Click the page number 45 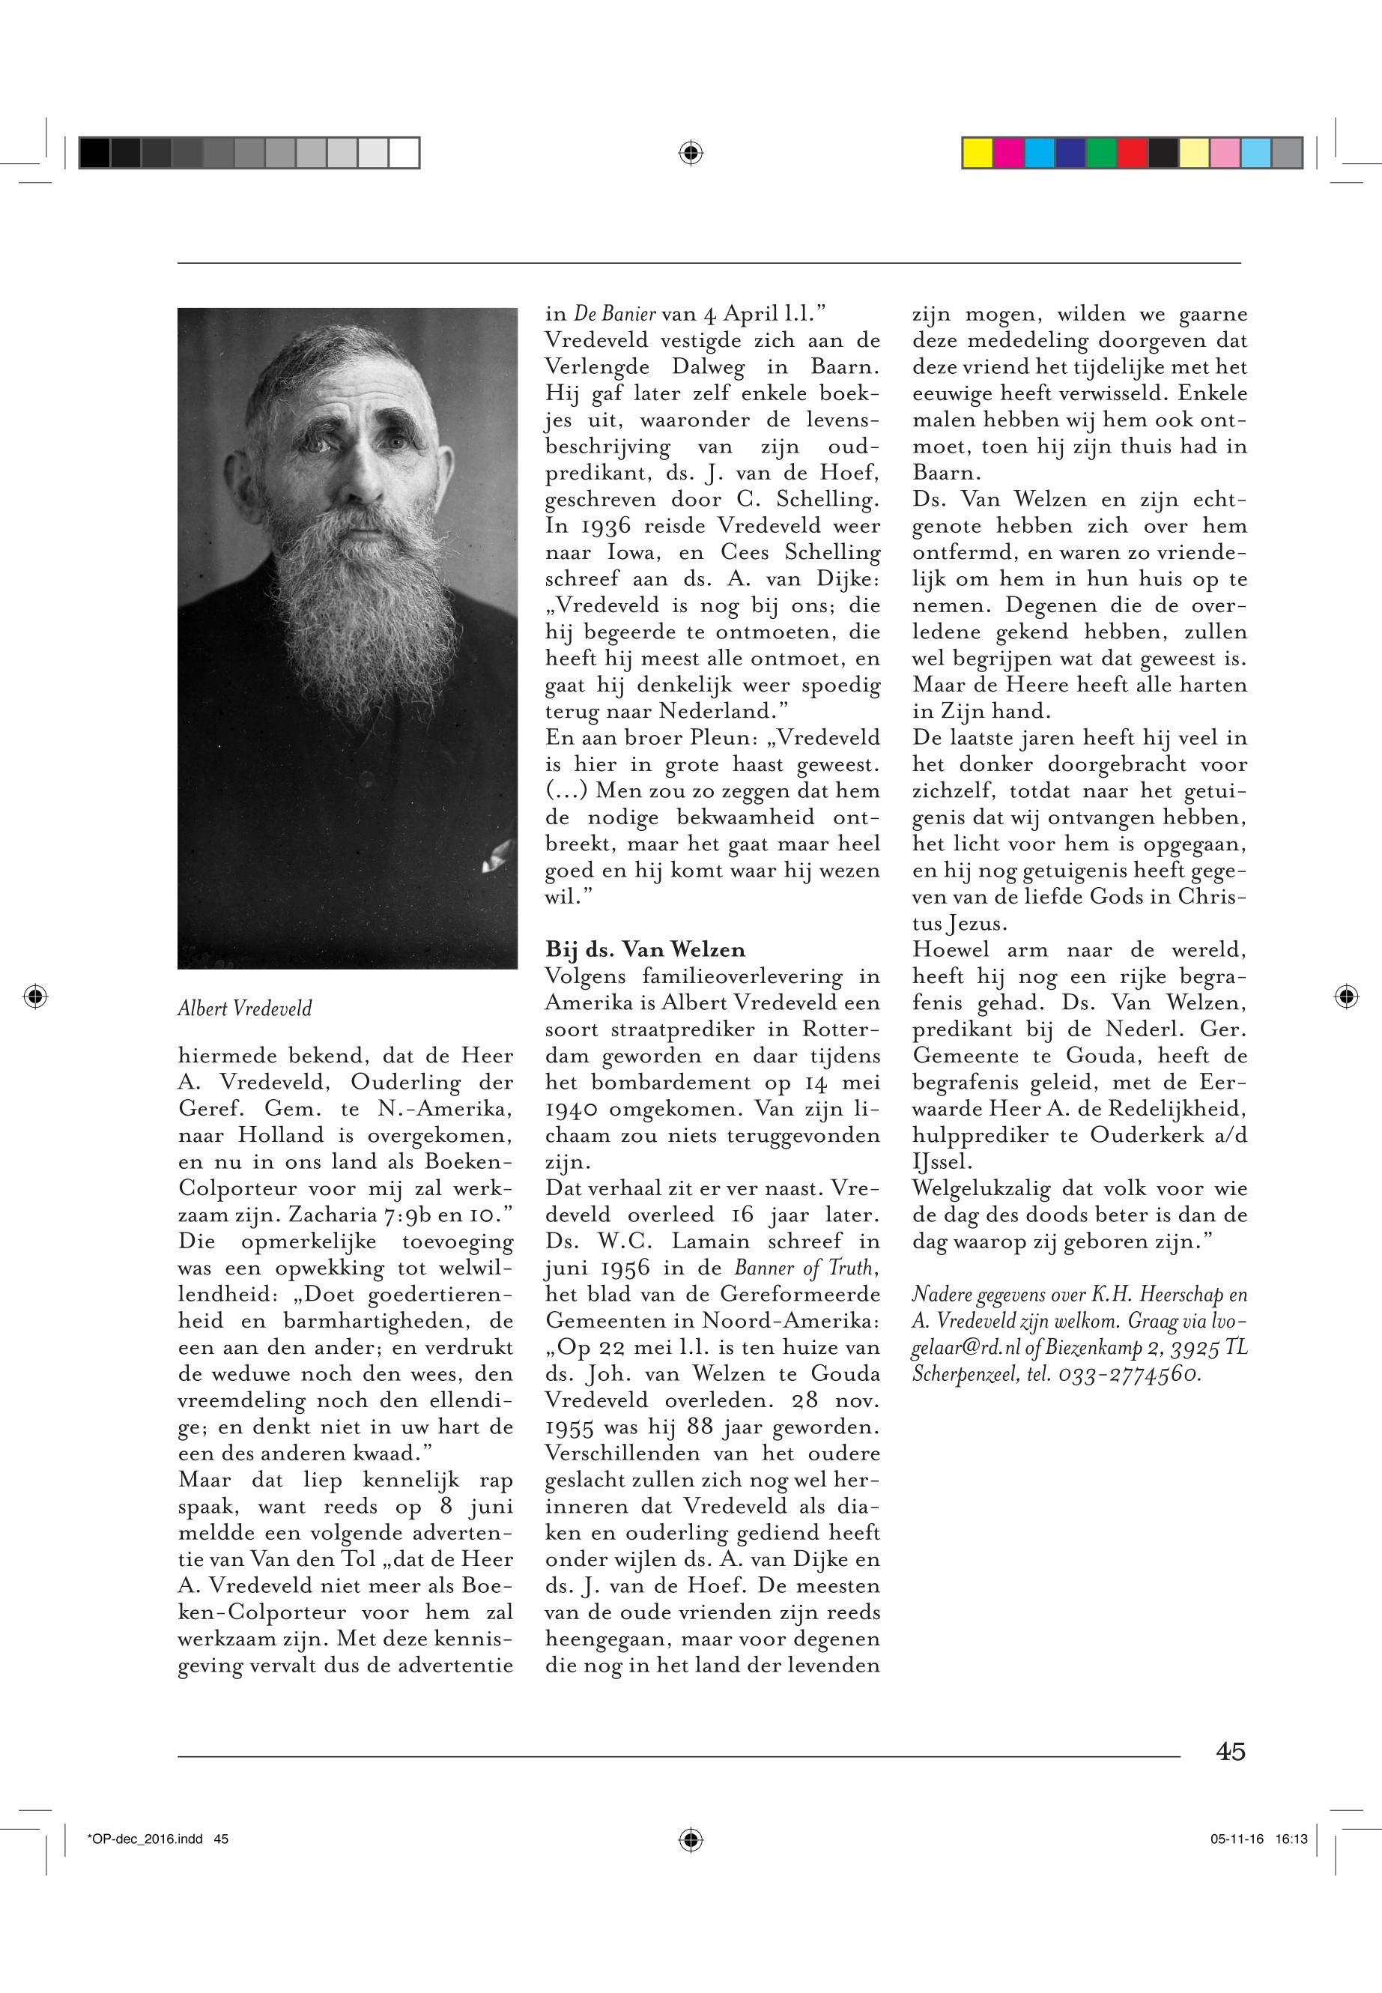[1230, 1751]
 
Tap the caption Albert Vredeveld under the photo [244, 1009]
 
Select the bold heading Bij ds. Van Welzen [645, 950]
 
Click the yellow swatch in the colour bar [978, 152]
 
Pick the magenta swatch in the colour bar [1009, 152]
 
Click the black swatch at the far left [95, 152]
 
